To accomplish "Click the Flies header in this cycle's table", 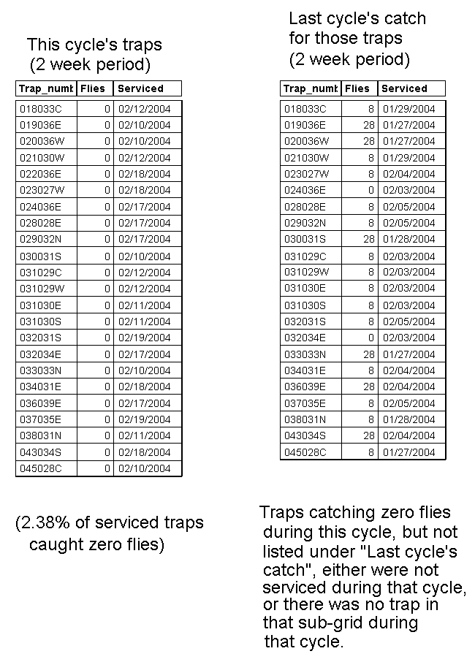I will tap(93, 88).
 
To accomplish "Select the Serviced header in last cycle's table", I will tap(404, 88).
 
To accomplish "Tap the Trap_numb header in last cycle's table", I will tap(309, 88).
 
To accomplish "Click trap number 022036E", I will tap(41, 174).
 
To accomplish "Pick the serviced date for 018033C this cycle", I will tap(144, 108).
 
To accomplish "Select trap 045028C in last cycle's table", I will tap(305, 452).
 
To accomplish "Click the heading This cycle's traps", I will tap(94, 45).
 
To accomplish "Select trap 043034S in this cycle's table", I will tap(41, 452).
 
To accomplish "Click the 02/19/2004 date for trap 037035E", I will tap(144, 419).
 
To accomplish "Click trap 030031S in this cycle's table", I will tap(41, 256).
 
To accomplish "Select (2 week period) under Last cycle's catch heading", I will tap(349, 58).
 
